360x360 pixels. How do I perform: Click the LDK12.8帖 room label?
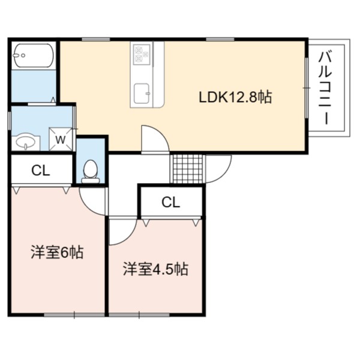(x=235, y=97)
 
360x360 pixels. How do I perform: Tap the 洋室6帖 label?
(x=57, y=253)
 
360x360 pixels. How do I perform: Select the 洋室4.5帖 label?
(x=155, y=269)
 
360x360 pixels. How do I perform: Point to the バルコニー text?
(x=325, y=88)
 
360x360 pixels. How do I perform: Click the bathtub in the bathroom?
(x=33, y=55)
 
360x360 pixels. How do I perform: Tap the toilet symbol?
(x=91, y=172)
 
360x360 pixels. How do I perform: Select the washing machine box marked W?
(x=61, y=139)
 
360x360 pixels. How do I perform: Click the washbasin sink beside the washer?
(x=25, y=142)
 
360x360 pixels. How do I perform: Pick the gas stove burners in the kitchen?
(x=141, y=54)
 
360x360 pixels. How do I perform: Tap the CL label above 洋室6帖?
(x=41, y=170)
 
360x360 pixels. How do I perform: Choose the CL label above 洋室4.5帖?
(x=171, y=202)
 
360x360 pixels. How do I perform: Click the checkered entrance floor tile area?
(x=188, y=169)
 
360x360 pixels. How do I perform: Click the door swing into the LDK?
(x=162, y=133)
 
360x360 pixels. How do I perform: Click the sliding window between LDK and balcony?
(x=307, y=88)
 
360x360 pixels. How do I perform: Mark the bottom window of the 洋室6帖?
(x=74, y=315)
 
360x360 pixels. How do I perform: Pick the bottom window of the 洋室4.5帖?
(x=139, y=315)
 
